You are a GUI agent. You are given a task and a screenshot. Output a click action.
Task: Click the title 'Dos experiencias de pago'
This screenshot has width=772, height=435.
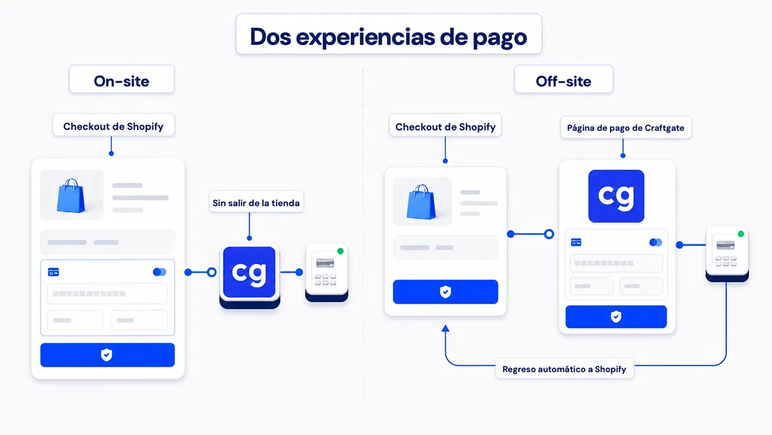389,37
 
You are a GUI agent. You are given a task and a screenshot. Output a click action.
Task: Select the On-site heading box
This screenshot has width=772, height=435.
122,79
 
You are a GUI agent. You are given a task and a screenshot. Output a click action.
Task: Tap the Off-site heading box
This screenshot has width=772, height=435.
564,79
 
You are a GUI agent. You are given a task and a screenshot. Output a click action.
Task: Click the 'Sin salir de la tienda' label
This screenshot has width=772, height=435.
256,202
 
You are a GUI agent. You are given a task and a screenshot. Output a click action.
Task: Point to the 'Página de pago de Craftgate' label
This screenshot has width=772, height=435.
626,128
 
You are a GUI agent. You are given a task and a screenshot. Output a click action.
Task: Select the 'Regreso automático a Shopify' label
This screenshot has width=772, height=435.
564,369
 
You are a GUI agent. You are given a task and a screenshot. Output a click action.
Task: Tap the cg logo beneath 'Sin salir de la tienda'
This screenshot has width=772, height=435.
249,272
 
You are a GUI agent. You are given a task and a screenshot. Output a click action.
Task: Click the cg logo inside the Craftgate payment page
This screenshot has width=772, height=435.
616,196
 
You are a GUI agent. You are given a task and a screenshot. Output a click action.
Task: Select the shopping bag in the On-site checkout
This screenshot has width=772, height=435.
71,195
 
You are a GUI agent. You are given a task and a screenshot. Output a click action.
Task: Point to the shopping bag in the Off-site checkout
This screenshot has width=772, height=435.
421,202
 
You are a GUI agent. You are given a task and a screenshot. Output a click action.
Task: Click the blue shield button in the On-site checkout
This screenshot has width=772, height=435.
107,354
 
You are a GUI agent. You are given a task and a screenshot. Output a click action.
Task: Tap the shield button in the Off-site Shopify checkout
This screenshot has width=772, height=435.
445,292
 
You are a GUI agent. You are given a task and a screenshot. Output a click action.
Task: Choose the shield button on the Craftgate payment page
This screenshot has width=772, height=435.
616,316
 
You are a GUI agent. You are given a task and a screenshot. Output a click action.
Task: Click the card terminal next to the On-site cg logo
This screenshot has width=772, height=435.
327,272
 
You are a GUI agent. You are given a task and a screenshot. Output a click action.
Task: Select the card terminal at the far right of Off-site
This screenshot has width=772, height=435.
727,253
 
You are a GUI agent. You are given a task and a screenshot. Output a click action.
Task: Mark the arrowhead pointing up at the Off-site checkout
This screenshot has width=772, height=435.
445,328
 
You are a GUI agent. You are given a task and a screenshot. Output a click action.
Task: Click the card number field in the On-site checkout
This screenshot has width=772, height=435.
107,293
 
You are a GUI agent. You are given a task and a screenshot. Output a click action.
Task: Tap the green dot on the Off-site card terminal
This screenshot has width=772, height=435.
740,234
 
